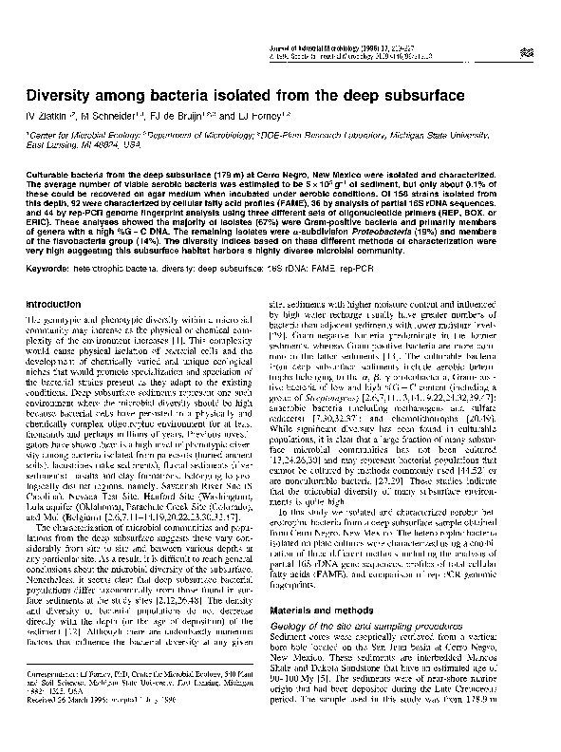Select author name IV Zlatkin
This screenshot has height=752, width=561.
47,119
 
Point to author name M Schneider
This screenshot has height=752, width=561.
112,119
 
